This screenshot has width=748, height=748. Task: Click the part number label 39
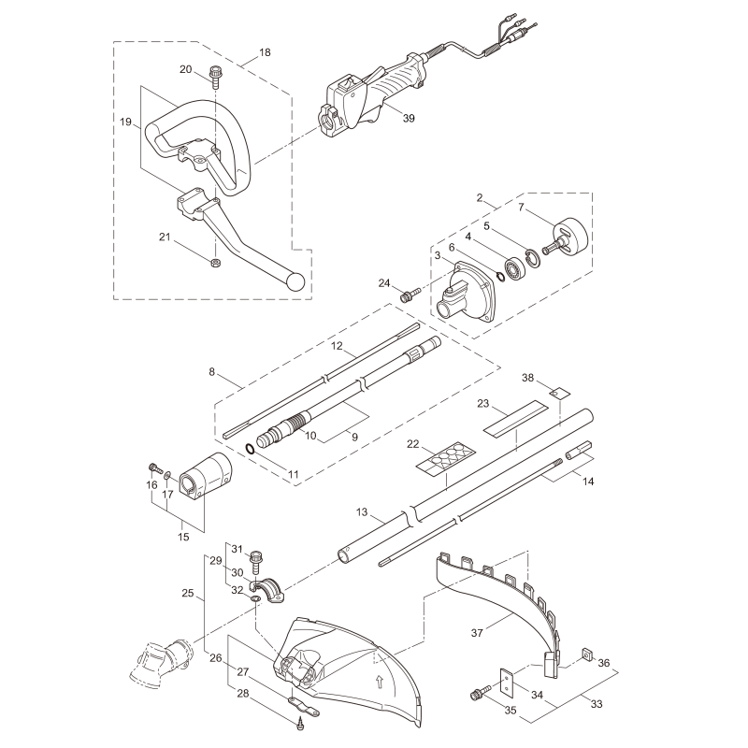382,117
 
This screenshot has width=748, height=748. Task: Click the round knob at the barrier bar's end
296,280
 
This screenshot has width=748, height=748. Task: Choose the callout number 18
265,52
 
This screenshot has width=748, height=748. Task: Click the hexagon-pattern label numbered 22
445,457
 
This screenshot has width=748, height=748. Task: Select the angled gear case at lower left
159,661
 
